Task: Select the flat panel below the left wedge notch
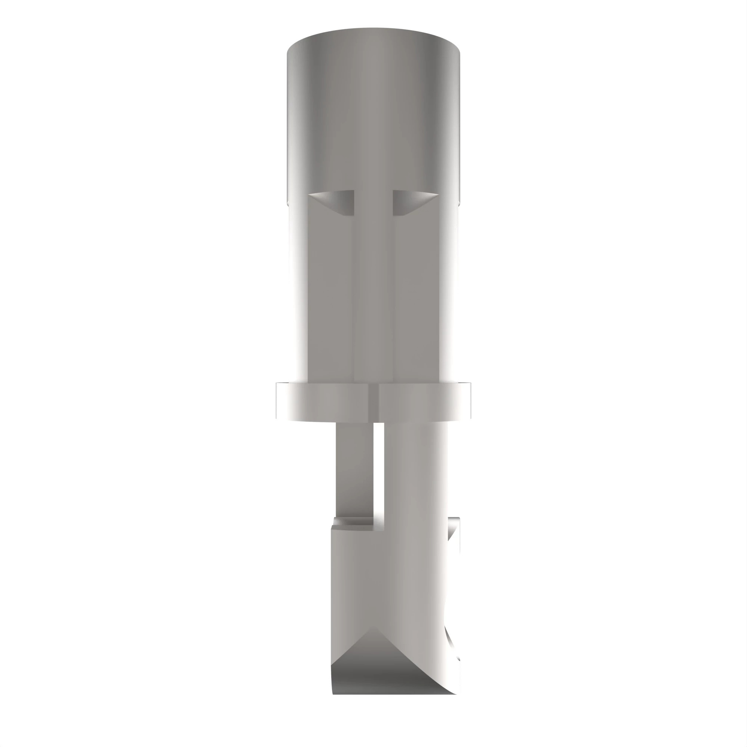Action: coord(331,301)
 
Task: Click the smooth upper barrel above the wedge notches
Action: coord(373,116)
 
